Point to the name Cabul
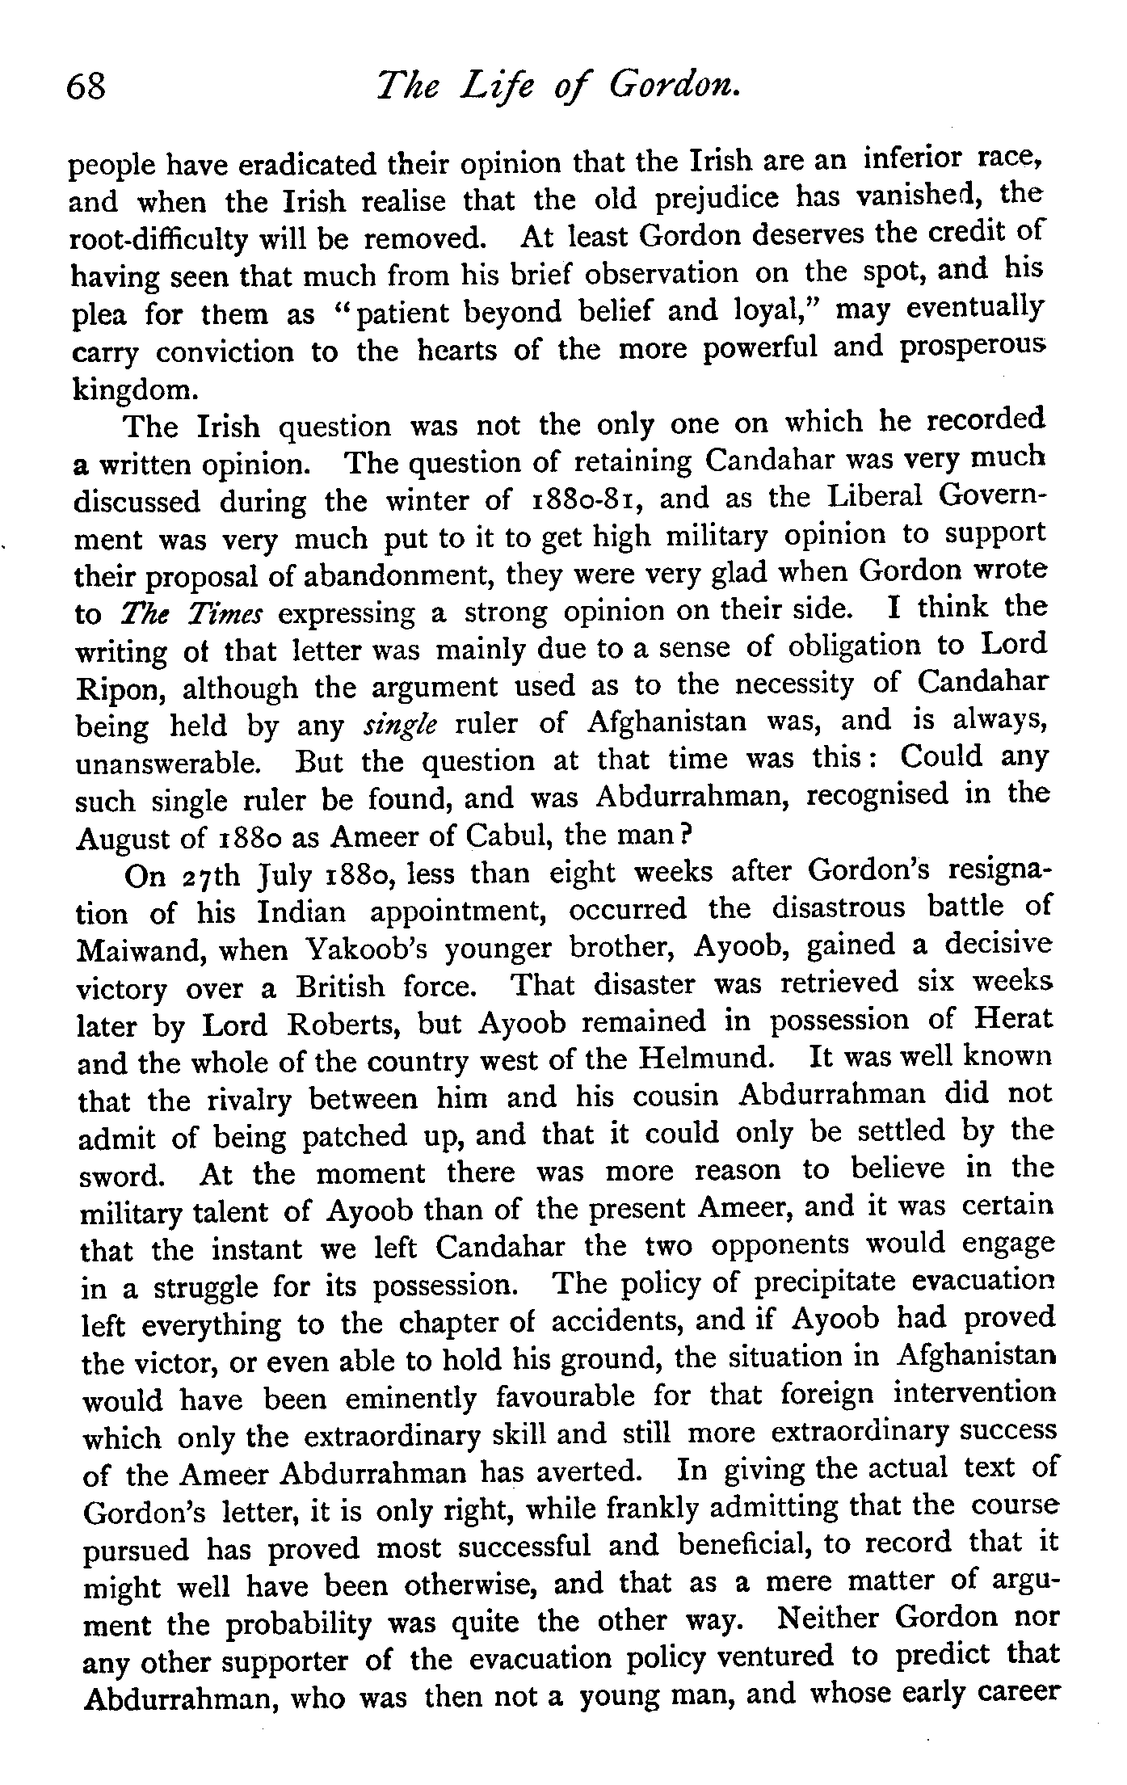[x=509, y=837]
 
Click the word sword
[x=121, y=1175]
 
